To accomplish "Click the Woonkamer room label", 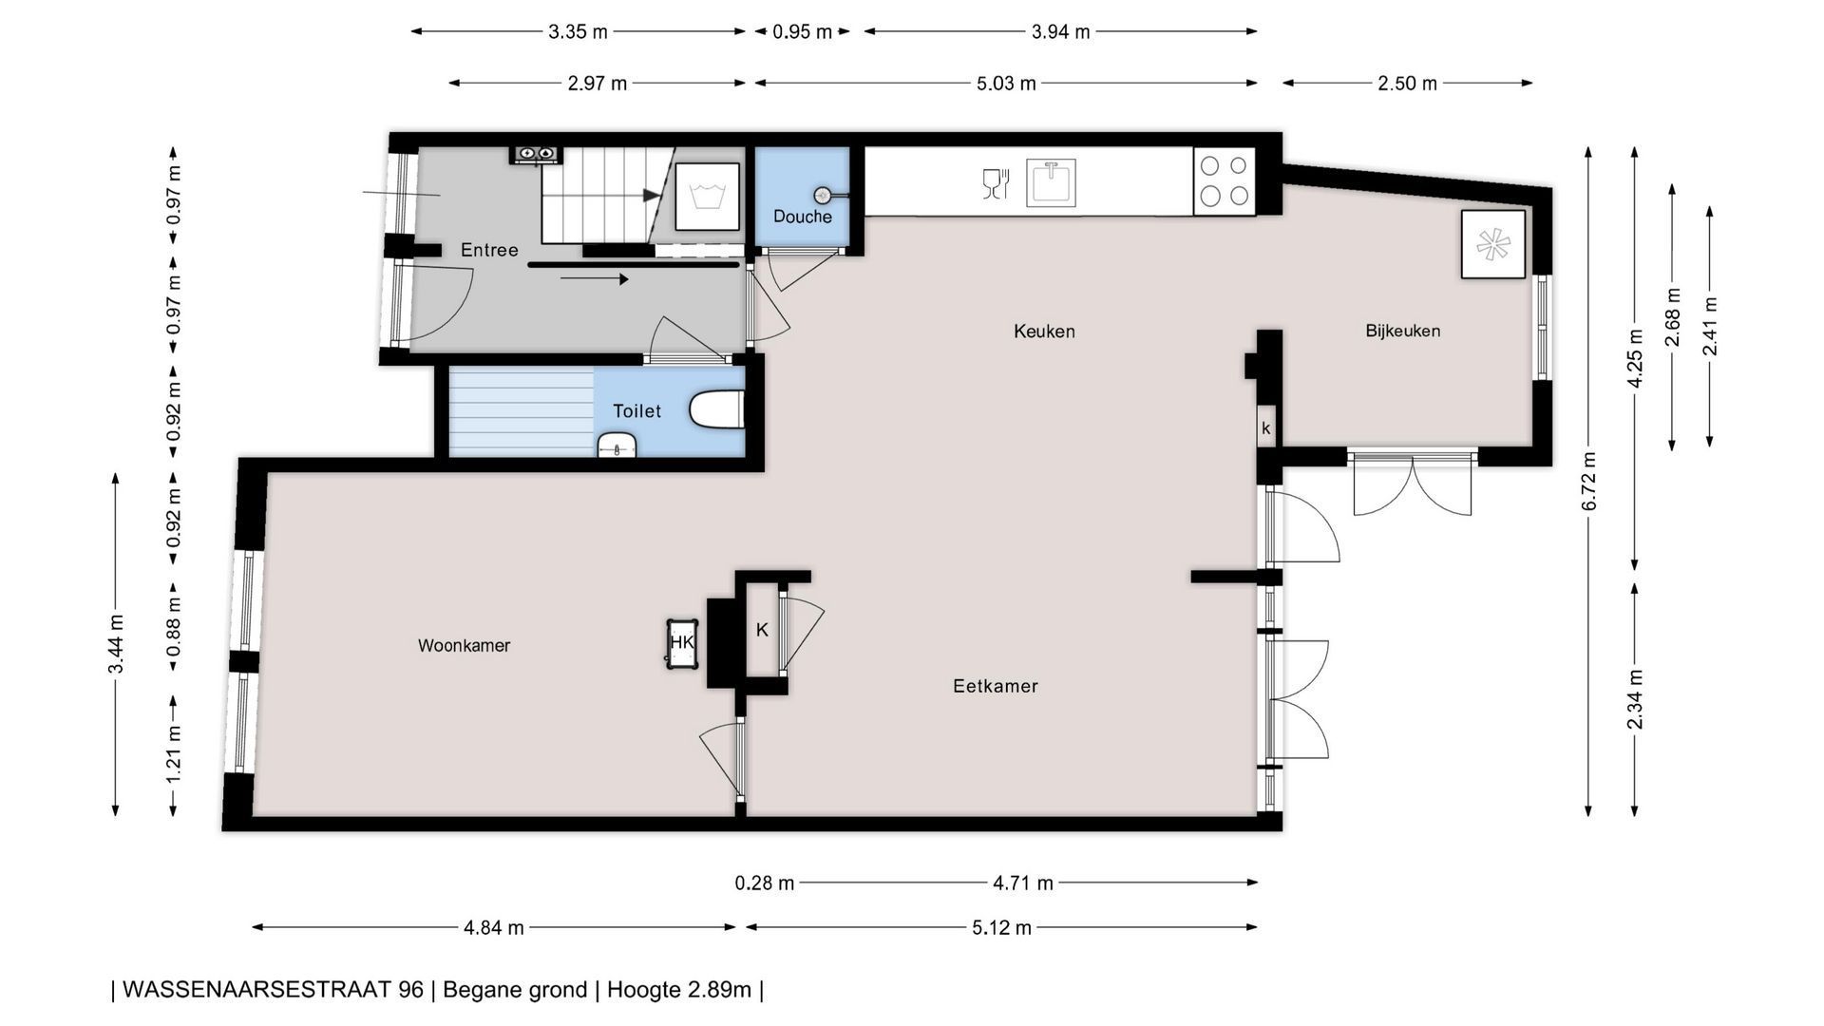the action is point(464,646).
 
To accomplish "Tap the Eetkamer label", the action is point(996,686).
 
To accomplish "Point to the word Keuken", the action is point(1044,332).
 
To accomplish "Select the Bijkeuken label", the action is point(1403,331).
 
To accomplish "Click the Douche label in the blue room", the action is point(803,217).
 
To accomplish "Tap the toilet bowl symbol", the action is point(715,410).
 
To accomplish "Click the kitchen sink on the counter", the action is point(1051,182).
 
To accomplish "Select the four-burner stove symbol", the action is point(1224,180).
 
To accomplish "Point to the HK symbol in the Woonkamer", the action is point(682,644).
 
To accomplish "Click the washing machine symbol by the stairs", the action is point(707,197).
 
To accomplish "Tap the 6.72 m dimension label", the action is point(1588,481).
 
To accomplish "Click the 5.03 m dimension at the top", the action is point(1006,84).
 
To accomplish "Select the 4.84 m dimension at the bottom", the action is point(494,927).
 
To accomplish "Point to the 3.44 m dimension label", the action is point(116,643).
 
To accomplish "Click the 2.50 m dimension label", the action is point(1408,84).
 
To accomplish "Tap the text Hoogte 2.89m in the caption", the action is point(679,990).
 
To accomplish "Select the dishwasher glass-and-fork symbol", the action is point(995,183).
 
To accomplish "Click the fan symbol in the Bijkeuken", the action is point(1492,244).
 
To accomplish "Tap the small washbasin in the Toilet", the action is point(617,445).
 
